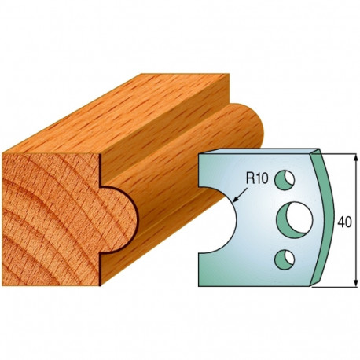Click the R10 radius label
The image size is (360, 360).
[x=257, y=179]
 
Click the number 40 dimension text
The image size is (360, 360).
[x=344, y=222]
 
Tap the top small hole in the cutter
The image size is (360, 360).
[x=285, y=180]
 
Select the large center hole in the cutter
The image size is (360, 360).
[x=295, y=220]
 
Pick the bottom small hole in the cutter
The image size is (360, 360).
[x=285, y=259]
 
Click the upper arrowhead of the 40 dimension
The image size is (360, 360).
[x=355, y=158]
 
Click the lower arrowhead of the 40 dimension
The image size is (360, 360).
[x=355, y=283]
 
